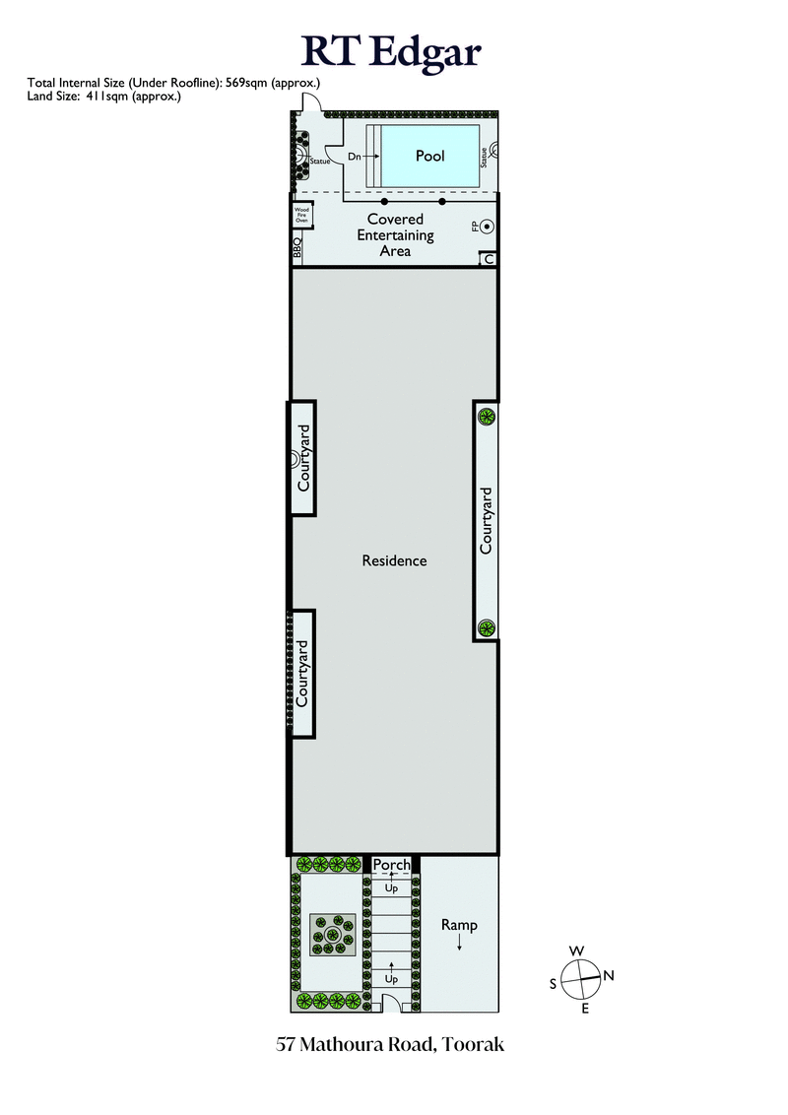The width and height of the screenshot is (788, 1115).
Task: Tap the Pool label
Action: pyautogui.click(x=429, y=156)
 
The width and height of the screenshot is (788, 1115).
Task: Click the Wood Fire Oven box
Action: pyautogui.click(x=301, y=216)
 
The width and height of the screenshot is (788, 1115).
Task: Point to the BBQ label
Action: pyautogui.click(x=296, y=247)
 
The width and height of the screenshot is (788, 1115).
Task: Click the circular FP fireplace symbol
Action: pyautogui.click(x=487, y=228)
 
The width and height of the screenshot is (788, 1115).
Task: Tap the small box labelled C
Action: pyautogui.click(x=488, y=259)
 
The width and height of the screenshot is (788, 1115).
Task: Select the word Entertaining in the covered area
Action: pyautogui.click(x=395, y=235)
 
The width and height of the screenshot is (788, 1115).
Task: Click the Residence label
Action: pyautogui.click(x=394, y=560)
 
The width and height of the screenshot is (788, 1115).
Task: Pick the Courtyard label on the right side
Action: pyautogui.click(x=486, y=519)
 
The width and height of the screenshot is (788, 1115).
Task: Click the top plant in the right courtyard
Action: pyautogui.click(x=486, y=417)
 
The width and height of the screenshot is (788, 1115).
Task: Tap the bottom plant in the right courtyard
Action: pyautogui.click(x=486, y=627)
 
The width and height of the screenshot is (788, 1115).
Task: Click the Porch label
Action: pyautogui.click(x=392, y=865)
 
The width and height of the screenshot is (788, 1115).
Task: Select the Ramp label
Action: pyautogui.click(x=459, y=925)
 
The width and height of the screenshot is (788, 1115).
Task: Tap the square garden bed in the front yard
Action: pyautogui.click(x=333, y=935)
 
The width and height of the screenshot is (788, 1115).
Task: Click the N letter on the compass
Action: pyautogui.click(x=609, y=976)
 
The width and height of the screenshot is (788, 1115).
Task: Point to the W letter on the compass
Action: pyautogui.click(x=575, y=951)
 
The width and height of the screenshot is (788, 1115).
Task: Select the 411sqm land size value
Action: pyautogui.click(x=99, y=97)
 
